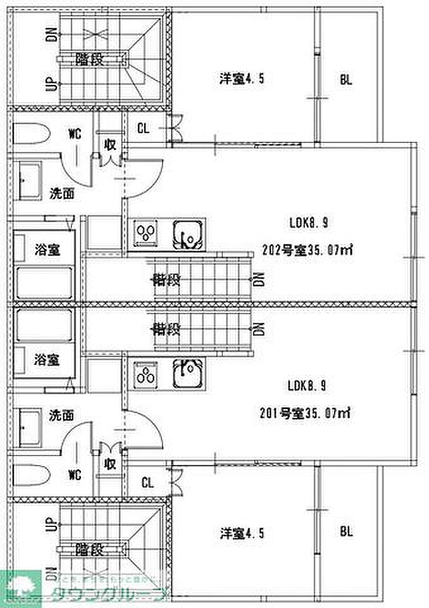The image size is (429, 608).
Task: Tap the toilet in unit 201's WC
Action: point(31,474)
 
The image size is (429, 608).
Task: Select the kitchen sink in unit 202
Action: point(188,234)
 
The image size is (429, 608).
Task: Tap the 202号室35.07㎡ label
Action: point(306,250)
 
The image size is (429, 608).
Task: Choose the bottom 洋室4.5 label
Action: point(241,533)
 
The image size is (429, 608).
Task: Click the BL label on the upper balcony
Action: point(345,80)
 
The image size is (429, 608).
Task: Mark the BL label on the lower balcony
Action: point(345,531)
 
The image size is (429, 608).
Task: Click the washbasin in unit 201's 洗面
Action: point(28,428)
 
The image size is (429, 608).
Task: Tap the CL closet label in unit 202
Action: point(144,129)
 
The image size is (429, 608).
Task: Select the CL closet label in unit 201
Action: point(147,483)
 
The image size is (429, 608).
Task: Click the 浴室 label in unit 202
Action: point(47,250)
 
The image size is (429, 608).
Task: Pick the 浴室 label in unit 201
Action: point(47,360)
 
